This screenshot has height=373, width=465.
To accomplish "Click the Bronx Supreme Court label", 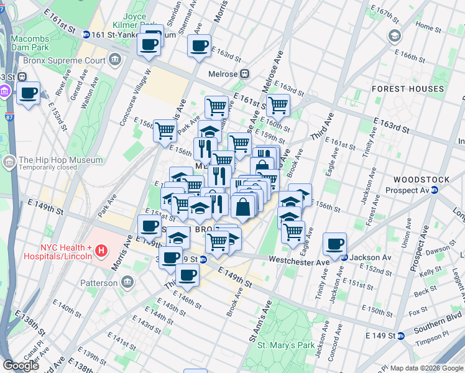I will (63, 61).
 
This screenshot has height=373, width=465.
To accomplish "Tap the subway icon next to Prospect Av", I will (435, 190).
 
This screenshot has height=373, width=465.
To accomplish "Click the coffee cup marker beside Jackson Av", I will (335, 243).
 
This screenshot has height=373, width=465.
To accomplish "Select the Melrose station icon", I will (245, 73).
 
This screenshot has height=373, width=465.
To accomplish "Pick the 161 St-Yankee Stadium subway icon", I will (86, 34).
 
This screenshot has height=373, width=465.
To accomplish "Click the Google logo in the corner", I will (21, 366).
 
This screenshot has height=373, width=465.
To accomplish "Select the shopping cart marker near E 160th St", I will (278, 105).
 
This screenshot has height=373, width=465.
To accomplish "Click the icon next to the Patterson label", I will (127, 283).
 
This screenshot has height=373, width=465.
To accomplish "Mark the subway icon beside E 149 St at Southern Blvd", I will (401, 336).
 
